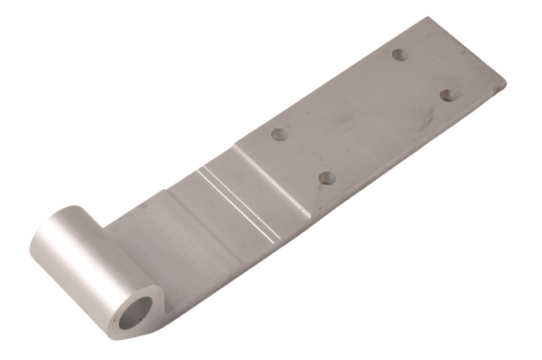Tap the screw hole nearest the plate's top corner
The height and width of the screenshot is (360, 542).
pyautogui.click(x=400, y=54)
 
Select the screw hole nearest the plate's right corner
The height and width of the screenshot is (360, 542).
pyautogui.click(x=447, y=95)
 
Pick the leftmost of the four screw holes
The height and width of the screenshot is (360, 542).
pyautogui.click(x=280, y=134)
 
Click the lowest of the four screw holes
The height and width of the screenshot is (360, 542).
pyautogui.click(x=328, y=177)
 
